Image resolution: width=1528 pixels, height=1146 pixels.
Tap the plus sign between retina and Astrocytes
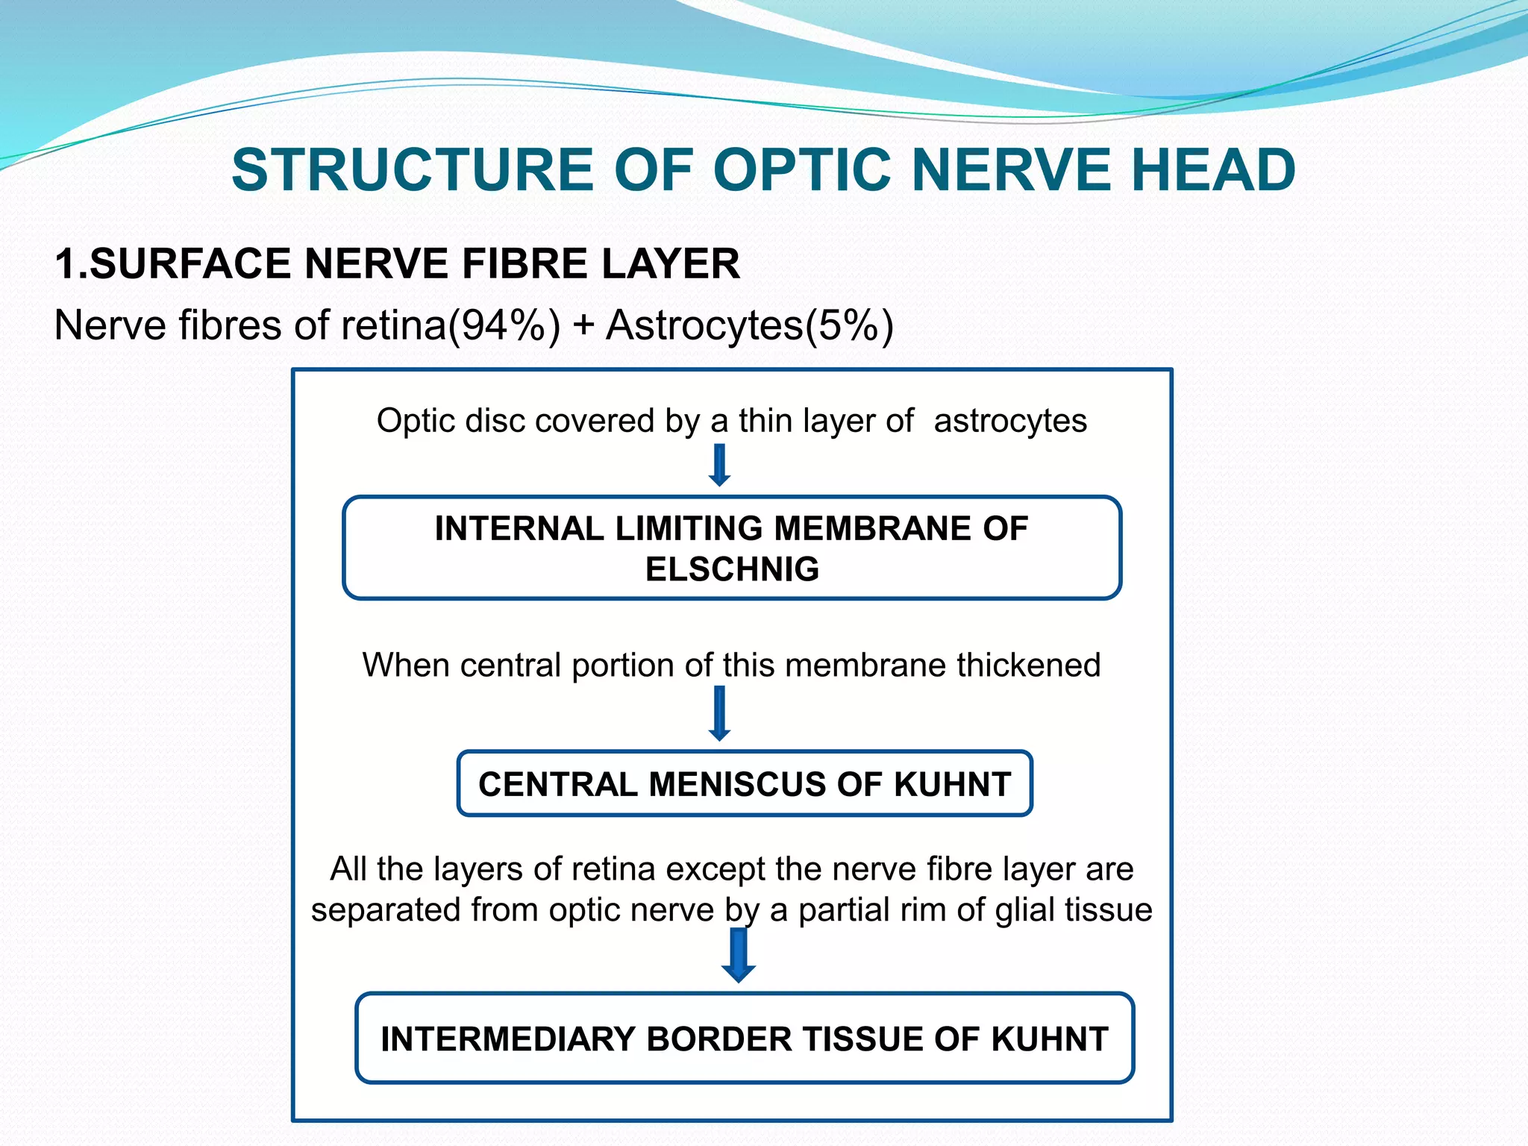583,326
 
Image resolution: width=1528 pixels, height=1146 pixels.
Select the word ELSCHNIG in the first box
732,569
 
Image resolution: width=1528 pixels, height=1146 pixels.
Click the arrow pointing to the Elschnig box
719,466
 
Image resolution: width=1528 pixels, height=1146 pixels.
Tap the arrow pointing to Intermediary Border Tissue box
739,956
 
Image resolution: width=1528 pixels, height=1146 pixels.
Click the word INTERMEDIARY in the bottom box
507,1039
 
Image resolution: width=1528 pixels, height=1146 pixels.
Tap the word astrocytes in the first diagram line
1010,421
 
